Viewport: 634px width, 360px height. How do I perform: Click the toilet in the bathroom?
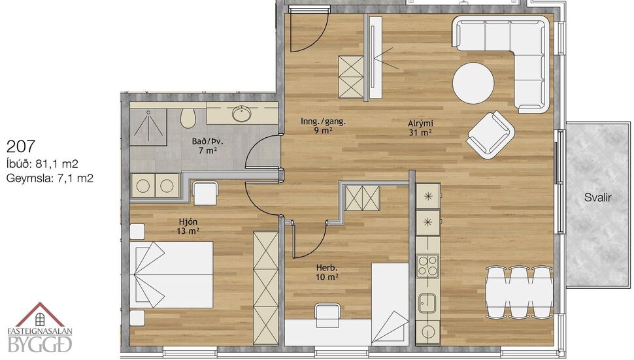188,118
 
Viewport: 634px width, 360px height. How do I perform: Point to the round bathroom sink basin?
241,115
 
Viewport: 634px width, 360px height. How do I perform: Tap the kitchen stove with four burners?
427,266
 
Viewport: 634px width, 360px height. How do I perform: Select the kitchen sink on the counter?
427,303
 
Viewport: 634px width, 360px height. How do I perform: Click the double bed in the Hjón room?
173,274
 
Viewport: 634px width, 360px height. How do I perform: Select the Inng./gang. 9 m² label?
323,125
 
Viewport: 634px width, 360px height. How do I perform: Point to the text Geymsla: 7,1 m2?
50,177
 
